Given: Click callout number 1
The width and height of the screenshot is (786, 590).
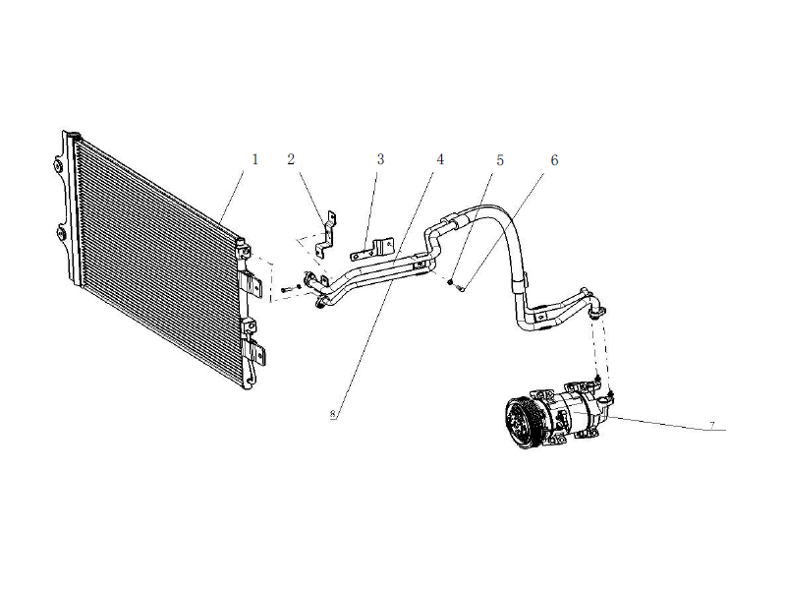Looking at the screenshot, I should click(254, 159).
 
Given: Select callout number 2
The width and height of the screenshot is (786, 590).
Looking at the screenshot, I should click(291, 159).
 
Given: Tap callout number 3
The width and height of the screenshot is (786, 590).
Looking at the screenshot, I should click(380, 159).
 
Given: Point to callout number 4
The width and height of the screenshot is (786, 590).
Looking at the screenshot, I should click(440, 159).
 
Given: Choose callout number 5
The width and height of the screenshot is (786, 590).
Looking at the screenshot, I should click(500, 159).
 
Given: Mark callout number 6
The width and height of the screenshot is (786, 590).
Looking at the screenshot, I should click(554, 159).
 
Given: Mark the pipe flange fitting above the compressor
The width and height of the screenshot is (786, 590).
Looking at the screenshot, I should click(595, 308).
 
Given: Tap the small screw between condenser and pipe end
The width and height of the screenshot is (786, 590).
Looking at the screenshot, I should click(285, 288).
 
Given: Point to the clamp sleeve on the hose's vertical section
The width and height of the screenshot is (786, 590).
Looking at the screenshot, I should click(520, 284).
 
